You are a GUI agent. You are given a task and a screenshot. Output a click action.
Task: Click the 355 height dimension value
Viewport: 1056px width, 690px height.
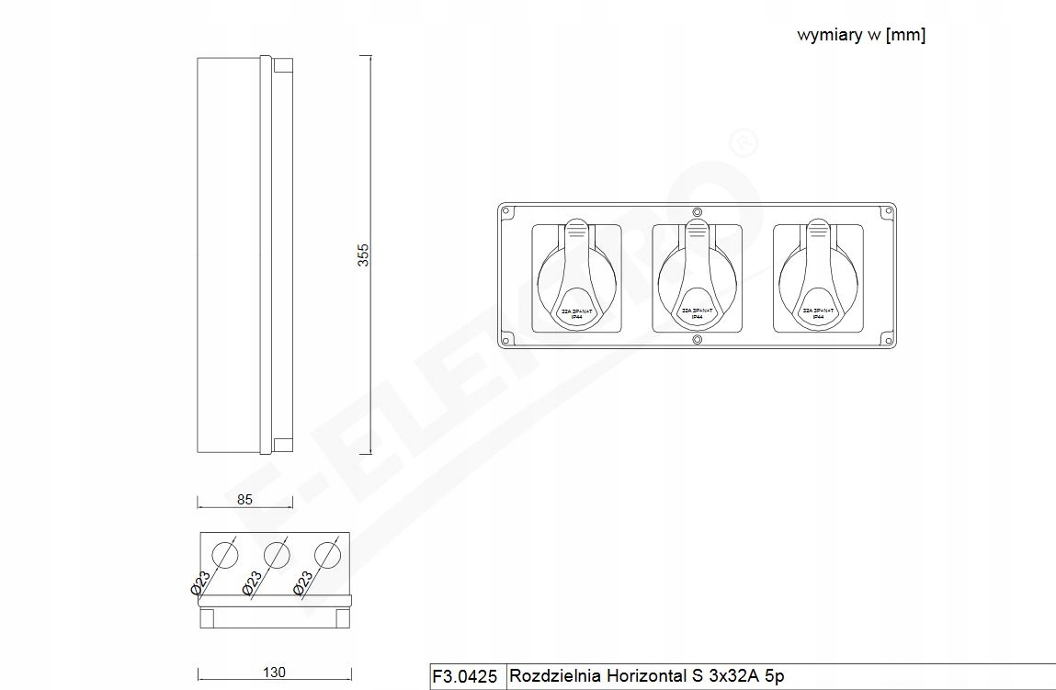click(363, 255)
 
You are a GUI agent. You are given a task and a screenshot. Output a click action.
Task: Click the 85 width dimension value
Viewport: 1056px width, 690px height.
click(244, 500)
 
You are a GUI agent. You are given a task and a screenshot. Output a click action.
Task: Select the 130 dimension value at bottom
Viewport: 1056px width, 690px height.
click(274, 673)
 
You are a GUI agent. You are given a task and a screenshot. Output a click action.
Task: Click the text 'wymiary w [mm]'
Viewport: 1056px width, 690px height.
click(860, 36)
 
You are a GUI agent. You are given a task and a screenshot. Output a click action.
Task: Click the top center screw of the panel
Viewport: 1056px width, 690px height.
click(697, 211)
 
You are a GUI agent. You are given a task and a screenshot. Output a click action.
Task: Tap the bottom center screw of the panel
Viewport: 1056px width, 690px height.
click(697, 341)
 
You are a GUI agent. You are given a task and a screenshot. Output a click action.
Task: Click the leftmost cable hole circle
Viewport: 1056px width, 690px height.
click(224, 554)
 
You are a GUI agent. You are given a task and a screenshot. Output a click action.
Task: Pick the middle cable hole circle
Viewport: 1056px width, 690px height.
click(276, 554)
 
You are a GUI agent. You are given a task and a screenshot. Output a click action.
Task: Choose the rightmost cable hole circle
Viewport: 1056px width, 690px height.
click(326, 554)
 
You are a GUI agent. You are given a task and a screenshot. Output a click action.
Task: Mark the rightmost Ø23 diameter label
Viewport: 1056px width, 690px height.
click(303, 585)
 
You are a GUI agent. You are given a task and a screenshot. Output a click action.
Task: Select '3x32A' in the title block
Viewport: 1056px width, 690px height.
click(728, 676)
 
